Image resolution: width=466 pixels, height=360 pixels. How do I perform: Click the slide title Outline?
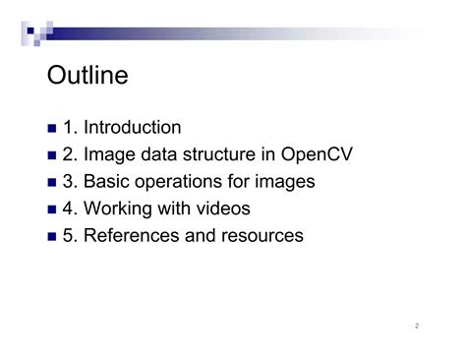tap(87, 76)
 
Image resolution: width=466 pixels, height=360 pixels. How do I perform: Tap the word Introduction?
tap(132, 128)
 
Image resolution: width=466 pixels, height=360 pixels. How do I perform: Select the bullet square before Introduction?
tap(52, 129)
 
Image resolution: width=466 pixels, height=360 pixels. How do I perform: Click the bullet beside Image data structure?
tap(52, 155)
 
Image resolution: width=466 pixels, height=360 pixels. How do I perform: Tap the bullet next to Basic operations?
tap(52, 183)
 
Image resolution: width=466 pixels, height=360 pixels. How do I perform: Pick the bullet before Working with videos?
tap(52, 210)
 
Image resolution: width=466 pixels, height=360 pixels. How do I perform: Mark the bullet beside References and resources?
tap(52, 237)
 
